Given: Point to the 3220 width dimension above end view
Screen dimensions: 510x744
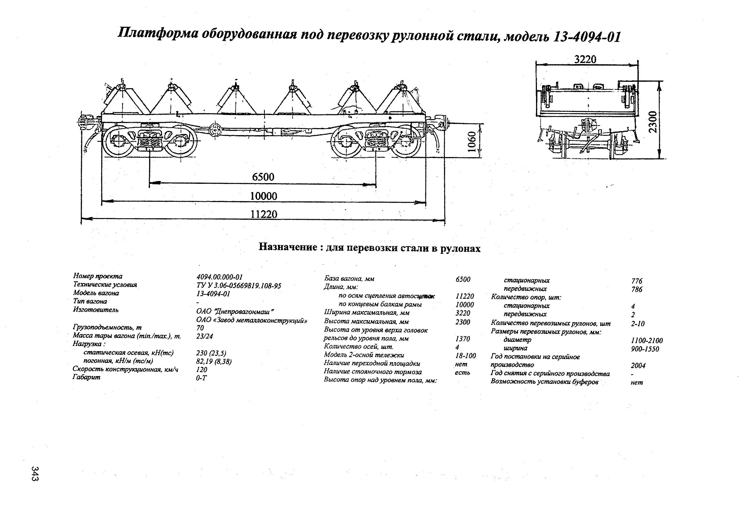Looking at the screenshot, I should coord(585,59).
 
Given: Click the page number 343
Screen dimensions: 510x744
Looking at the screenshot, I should coord(35,474).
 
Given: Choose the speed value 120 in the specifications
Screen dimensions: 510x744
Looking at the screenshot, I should coord(202,370).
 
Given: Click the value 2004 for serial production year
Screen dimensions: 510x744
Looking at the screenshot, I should coord(638,365).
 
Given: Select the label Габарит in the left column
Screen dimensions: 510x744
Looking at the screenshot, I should coord(87,377).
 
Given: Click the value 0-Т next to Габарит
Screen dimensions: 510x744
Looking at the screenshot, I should coord(201,378).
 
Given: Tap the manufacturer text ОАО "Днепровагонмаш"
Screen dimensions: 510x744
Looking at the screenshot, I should coord(236,312).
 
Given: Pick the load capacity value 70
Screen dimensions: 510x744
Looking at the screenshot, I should coord(200,328).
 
